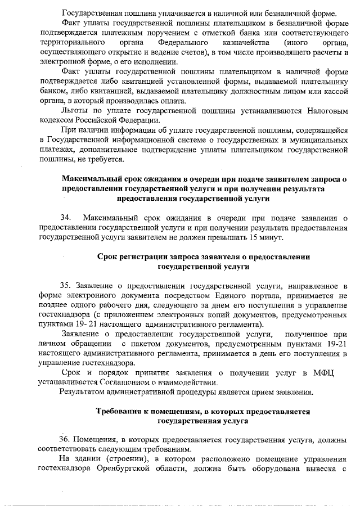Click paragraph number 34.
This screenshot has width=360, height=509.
(x=66, y=218)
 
